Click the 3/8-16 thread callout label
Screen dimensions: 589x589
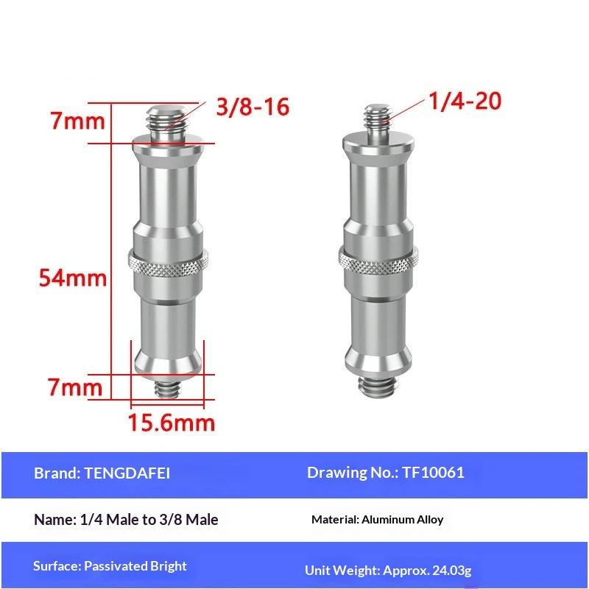pos(253,106)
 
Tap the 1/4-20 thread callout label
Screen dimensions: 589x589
pos(465,101)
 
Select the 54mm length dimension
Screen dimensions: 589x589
pos(73,278)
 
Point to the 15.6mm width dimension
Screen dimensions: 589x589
pos(172,422)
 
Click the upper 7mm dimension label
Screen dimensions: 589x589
pos(78,121)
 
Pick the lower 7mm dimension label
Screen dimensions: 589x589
pos(75,387)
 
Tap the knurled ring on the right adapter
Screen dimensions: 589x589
pos(378,260)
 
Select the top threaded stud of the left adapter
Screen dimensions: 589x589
pos(168,123)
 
